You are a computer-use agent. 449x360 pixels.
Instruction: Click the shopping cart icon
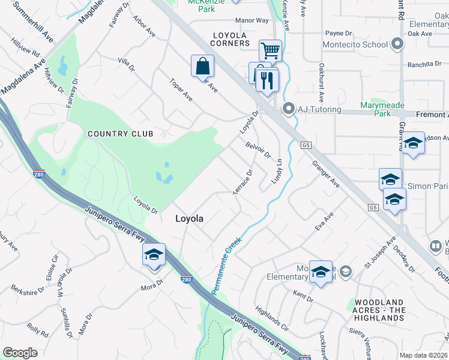coord(271,50)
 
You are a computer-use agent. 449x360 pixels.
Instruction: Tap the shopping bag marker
coord(203,65)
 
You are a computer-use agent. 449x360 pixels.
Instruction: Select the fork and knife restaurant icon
coord(267,79)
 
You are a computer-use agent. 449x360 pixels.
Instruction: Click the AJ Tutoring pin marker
coord(289,109)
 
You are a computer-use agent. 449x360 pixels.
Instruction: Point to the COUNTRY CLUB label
coord(121,134)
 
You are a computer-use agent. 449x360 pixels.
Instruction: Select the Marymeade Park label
coord(384,109)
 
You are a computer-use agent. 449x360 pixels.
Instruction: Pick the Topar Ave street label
coord(181,89)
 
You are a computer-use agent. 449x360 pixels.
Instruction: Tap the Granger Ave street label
coord(325,174)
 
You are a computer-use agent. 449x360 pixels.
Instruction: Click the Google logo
coord(20,353)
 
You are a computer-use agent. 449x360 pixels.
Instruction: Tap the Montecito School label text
coord(355,44)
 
